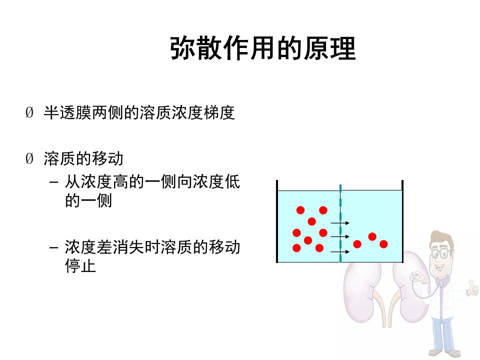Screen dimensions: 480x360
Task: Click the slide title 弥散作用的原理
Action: [263, 48]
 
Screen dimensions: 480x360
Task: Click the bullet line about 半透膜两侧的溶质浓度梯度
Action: [139, 112]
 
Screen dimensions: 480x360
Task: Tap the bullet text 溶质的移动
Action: [83, 158]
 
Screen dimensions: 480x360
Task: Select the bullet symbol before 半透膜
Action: [29, 112]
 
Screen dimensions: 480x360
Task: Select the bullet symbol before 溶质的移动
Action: [29, 158]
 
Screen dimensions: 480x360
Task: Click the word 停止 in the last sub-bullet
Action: [80, 265]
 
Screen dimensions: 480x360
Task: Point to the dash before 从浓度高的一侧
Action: [53, 182]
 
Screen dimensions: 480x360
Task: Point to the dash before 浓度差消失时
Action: [53, 247]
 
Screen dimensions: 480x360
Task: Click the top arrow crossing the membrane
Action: [340, 223]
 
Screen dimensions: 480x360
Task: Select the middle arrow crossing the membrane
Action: [340, 236]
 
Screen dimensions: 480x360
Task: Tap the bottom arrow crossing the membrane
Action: [340, 251]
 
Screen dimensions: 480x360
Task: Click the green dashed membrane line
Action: [340, 223]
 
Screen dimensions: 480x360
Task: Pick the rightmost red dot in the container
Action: [383, 244]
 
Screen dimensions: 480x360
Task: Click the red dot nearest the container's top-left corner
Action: [300, 210]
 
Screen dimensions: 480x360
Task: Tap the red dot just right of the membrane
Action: [357, 244]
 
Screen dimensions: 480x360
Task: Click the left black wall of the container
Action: [277, 221]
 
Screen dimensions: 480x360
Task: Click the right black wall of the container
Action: [402, 221]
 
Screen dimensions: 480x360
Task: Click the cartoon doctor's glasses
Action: [441, 253]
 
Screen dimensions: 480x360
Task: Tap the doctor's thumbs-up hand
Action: [472, 288]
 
